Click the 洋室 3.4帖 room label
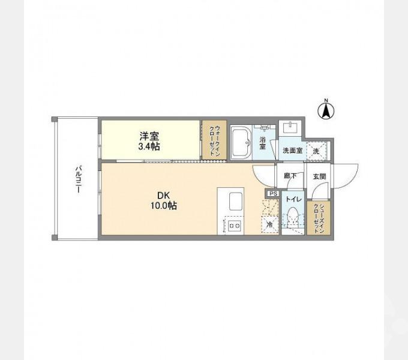[x=150, y=140]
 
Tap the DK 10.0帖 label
[x=163, y=200]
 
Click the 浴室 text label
[x=263, y=144]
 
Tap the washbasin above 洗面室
[x=292, y=128]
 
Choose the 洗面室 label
[x=292, y=151]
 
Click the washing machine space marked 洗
[x=316, y=150]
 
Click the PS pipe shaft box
[x=272, y=194]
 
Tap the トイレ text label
[x=293, y=199]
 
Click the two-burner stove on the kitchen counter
[x=234, y=226]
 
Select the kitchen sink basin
[x=235, y=202]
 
